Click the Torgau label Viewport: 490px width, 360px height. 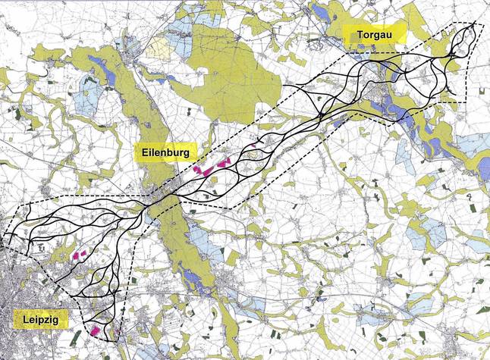click(375, 36)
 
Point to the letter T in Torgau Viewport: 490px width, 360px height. click(353, 36)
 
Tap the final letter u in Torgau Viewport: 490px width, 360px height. click(397, 36)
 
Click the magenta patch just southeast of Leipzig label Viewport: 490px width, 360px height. click(96, 331)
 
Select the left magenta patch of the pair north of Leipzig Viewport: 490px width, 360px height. click(76, 257)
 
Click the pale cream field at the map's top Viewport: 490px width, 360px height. click(159, 49)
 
